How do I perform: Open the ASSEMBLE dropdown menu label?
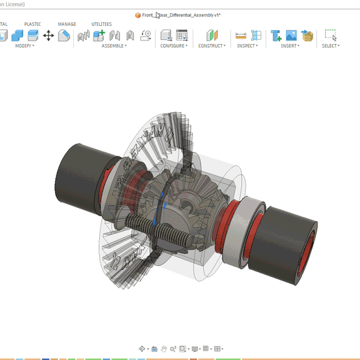coord(114,46)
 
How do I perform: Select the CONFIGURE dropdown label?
coord(173,46)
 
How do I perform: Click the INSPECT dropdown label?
coord(246,46)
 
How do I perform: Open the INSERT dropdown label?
coord(289,46)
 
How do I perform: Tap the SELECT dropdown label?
coord(330,46)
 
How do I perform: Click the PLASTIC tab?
coord(33,24)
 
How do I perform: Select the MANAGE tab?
coord(67,24)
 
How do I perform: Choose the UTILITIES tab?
coord(101,24)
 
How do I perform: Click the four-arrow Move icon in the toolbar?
coord(48,35)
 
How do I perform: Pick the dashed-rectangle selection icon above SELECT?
coord(330,35)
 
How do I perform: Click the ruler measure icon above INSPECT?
coord(241,35)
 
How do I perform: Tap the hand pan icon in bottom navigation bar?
coord(163,348)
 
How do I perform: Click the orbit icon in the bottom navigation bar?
coord(142,348)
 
